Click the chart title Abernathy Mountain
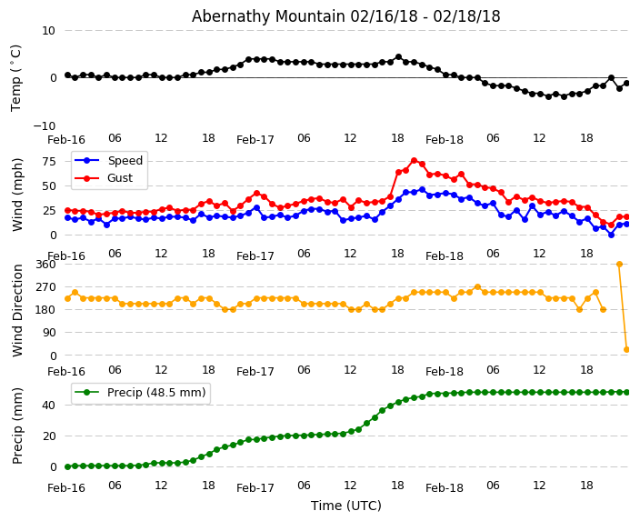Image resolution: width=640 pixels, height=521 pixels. pyautogui.click(x=345, y=16)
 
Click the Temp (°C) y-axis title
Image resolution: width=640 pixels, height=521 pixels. pyautogui.click(x=16, y=77)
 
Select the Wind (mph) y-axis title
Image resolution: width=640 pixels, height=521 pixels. pyautogui.click(x=18, y=194)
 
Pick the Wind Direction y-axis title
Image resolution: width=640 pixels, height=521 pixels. pyautogui.click(x=18, y=310)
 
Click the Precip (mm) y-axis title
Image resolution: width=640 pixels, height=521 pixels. pyautogui.click(x=18, y=426)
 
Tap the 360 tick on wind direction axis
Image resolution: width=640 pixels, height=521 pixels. pyautogui.click(x=45, y=264)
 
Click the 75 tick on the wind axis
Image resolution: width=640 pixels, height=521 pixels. pyautogui.click(x=48, y=161)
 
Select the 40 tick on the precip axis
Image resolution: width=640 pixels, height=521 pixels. pyautogui.click(x=48, y=405)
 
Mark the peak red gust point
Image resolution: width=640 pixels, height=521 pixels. pyautogui.click(x=414, y=161)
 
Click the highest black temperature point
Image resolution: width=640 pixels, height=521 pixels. pyautogui.click(x=398, y=57)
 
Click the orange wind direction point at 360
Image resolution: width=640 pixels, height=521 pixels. pyautogui.click(x=619, y=264)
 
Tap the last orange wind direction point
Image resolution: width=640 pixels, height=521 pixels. pyautogui.click(x=626, y=349)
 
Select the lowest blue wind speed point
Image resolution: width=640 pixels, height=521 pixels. pyautogui.click(x=611, y=235)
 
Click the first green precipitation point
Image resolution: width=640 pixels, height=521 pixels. pyautogui.click(x=67, y=466)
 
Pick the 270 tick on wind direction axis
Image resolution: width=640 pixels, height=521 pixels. pyautogui.click(x=45, y=286)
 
